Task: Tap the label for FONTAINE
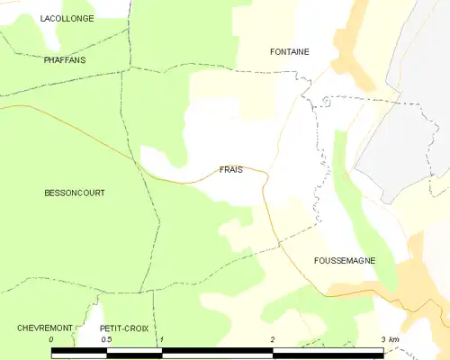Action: (290, 51)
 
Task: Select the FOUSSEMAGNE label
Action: (345, 260)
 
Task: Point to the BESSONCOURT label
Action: (75, 193)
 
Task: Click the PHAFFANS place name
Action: (64, 59)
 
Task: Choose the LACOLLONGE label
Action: (67, 17)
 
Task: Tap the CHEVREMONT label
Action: (44, 328)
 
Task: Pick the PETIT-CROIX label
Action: (124, 328)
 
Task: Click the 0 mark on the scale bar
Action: (51, 339)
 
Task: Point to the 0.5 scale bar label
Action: (106, 339)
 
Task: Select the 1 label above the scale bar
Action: (161, 339)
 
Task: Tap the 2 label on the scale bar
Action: (272, 339)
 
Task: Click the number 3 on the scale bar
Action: (382, 339)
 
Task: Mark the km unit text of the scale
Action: (393, 339)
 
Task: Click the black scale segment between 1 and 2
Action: (216, 352)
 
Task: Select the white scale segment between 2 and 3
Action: (327, 352)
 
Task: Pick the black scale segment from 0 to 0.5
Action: (79, 352)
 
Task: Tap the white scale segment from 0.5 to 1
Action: (134, 352)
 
